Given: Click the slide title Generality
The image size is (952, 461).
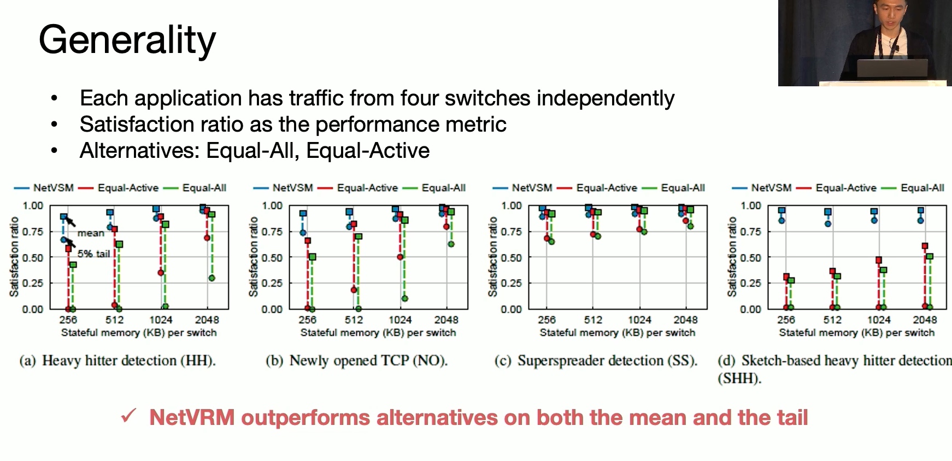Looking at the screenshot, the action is pos(127,40).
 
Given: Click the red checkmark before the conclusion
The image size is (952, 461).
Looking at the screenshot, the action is pos(129,416).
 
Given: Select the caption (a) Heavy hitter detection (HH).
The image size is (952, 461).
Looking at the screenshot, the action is pos(117,361).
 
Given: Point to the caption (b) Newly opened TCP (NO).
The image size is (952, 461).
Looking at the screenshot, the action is pos(357,361).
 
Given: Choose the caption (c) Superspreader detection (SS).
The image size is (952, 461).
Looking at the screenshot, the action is pos(596,361).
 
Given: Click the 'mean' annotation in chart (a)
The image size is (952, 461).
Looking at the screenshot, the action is pos(91,233).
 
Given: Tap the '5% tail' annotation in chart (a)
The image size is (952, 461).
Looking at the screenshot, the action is pos(93,254).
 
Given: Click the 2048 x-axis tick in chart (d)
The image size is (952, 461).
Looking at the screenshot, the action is pos(925,320).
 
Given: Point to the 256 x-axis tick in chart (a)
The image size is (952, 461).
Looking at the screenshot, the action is pos(68,320).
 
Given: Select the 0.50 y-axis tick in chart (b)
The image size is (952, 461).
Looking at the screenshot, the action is pos(272,257).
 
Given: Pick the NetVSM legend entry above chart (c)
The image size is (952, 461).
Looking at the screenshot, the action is pos(522,188).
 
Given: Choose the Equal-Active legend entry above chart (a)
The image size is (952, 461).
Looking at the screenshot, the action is pos(118,188).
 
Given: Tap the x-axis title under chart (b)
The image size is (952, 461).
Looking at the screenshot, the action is pos(378,333).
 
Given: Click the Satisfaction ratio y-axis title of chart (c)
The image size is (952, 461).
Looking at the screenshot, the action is pos(492,257).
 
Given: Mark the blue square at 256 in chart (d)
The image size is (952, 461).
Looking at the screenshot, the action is pos(781,210).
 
